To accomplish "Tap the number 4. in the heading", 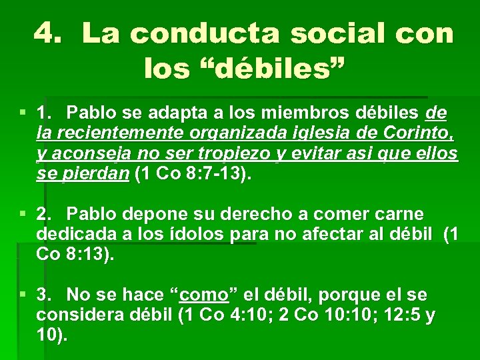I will (x=52, y=33).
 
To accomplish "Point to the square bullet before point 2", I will (x=23, y=214).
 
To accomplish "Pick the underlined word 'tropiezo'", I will (x=224, y=154).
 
